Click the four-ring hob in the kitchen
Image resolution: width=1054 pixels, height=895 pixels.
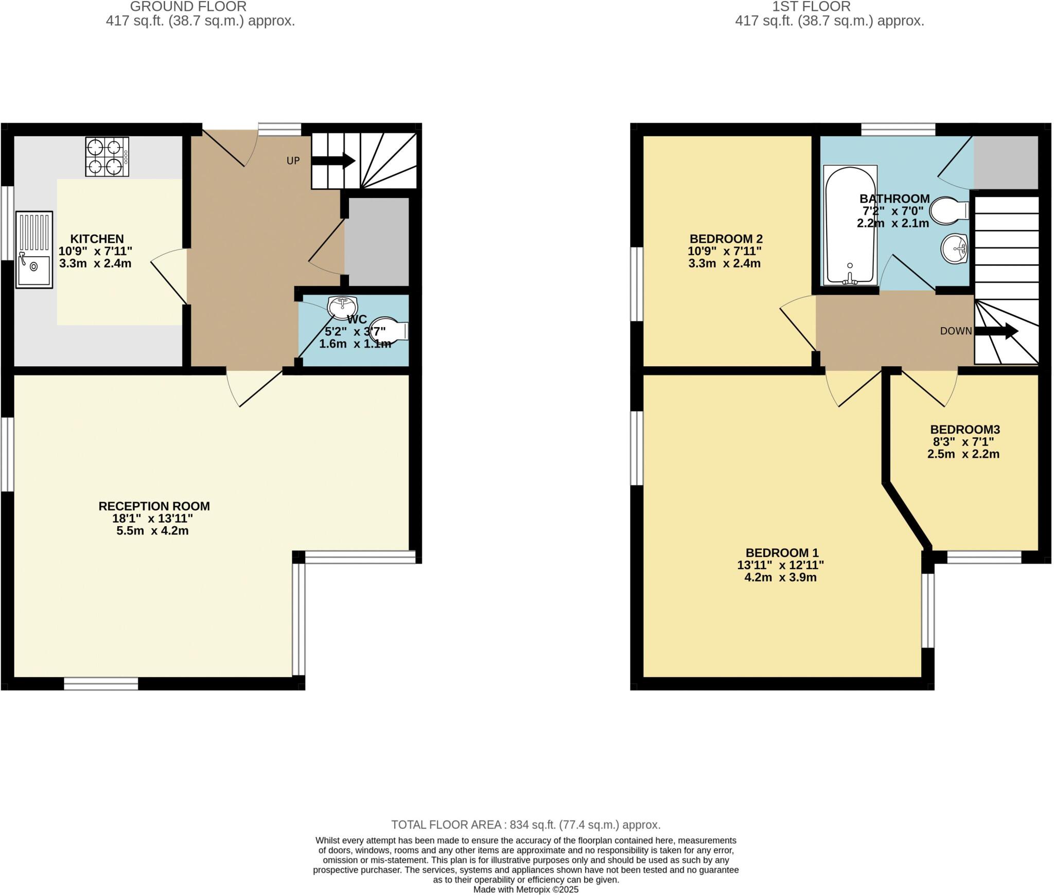(107, 156)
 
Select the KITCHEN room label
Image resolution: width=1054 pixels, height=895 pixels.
(97, 239)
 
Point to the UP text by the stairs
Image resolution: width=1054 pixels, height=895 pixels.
(293, 160)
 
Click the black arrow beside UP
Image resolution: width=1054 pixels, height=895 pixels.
(333, 160)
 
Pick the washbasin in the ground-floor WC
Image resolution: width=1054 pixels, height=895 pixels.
(343, 307)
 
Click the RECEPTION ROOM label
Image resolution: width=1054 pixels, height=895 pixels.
(154, 506)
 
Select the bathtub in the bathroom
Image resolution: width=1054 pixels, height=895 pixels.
(850, 224)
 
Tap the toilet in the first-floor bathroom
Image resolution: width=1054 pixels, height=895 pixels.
(949, 211)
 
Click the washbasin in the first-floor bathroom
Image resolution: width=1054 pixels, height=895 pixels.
(955, 249)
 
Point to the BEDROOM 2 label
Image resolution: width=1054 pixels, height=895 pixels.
(726, 239)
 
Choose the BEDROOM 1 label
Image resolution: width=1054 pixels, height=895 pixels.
(782, 553)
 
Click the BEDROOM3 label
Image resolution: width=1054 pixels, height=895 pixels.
(965, 429)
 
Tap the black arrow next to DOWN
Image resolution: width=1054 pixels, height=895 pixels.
(996, 331)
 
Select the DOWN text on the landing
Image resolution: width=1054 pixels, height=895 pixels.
(956, 331)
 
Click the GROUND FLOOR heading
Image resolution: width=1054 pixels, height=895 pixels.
(188, 7)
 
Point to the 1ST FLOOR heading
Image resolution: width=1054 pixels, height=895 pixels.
(811, 7)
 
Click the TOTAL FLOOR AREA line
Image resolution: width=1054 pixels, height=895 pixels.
(525, 825)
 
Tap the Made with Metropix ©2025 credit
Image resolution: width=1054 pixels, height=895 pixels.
(525, 889)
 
